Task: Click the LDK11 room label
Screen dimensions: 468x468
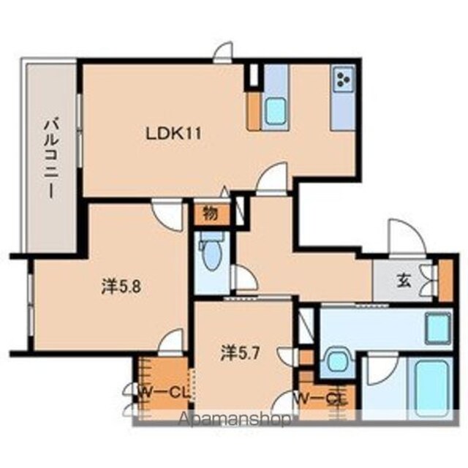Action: [173, 134]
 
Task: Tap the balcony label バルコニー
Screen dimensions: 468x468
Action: [51, 159]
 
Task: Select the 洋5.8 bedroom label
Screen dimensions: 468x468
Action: [121, 287]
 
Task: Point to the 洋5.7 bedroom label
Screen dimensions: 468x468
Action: [241, 354]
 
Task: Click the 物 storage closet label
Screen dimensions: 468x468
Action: [211, 214]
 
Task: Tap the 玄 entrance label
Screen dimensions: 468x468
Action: [403, 282]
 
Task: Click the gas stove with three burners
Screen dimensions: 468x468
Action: [344, 79]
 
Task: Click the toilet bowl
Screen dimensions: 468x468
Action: [211, 253]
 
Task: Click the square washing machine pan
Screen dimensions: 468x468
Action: [438, 328]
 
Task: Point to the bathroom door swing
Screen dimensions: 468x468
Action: [382, 369]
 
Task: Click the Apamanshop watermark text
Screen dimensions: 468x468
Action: [234, 419]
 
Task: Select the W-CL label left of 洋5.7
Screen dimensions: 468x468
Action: [164, 393]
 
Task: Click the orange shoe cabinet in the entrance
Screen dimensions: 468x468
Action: [445, 281]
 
